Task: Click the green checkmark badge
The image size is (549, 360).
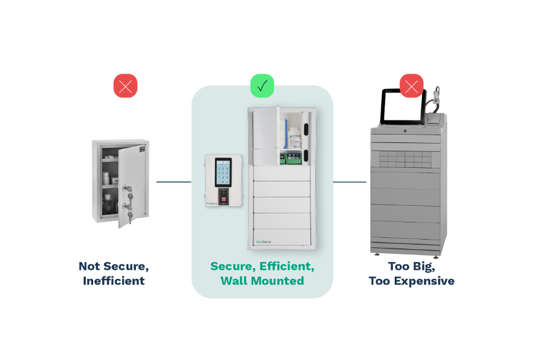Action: (262, 85)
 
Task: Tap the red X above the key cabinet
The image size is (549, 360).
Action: (125, 85)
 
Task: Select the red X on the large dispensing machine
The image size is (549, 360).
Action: (411, 85)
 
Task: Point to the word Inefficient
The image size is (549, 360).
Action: (113, 281)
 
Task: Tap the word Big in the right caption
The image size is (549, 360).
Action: (423, 266)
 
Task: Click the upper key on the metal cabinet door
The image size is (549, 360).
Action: (127, 189)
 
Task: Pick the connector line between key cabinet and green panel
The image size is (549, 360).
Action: (173, 182)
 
